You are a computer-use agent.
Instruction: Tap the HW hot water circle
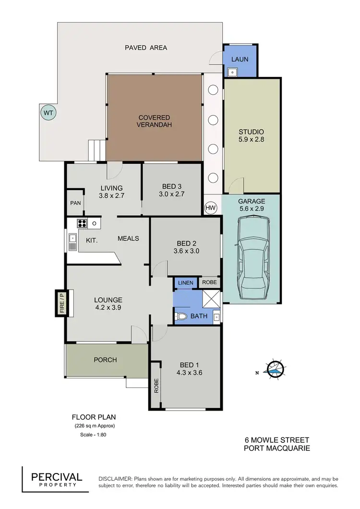point(210,207)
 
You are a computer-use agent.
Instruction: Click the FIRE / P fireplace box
point(61,303)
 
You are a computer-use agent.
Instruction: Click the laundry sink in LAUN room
point(232,73)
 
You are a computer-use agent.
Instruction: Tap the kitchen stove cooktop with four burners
point(82,223)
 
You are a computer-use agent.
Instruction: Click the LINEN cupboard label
point(185,283)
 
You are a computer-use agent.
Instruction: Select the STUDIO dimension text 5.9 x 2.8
point(252,140)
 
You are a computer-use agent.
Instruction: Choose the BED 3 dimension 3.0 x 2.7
point(172,194)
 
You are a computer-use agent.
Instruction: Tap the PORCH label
point(105,360)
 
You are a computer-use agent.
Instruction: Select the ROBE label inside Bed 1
point(156,386)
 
